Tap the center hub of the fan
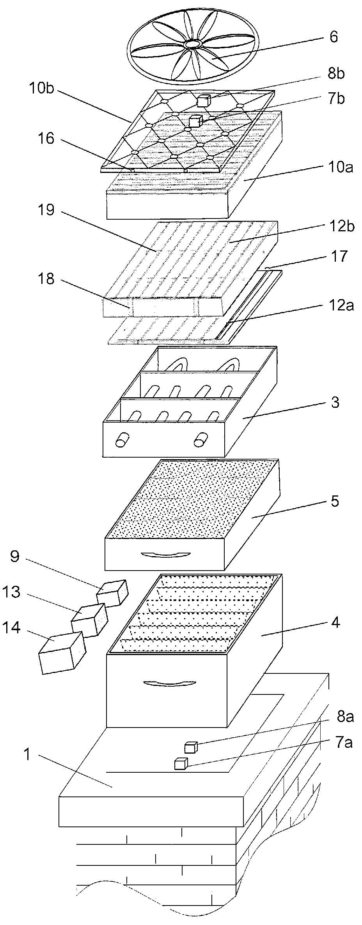point(192,44)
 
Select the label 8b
point(335,74)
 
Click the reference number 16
point(46,138)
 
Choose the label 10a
point(340,167)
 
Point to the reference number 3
point(334,402)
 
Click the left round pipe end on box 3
point(121,440)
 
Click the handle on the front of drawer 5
point(165,555)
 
